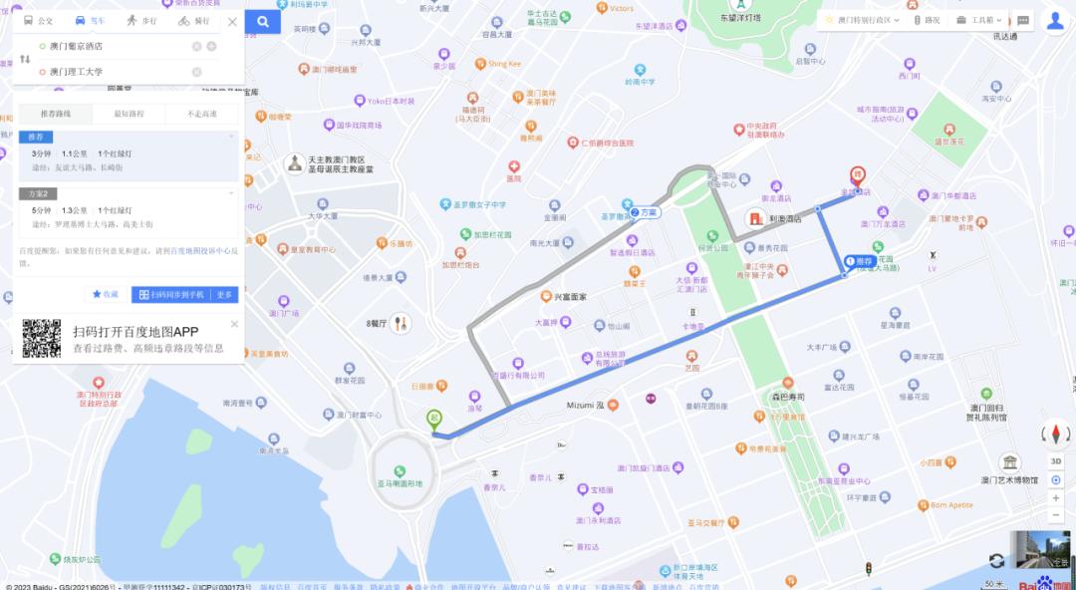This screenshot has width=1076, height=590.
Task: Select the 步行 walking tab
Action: [x=140, y=21]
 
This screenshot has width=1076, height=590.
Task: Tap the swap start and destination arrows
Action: [x=25, y=59]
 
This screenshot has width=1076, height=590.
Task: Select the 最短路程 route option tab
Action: [x=129, y=115]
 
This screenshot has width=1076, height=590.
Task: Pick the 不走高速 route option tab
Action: [x=202, y=115]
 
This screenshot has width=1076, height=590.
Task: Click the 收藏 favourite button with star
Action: [x=105, y=295]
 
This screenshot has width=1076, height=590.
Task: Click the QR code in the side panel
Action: [x=42, y=339]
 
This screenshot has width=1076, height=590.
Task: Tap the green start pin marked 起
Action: [x=433, y=421]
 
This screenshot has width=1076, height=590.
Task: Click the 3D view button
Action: [x=1055, y=461]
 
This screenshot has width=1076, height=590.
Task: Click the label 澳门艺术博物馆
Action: [x=1010, y=479]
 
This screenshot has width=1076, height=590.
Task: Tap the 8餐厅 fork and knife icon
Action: [x=401, y=324]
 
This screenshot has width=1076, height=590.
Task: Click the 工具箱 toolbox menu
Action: [x=979, y=20]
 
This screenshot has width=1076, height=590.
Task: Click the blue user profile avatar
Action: [x=1054, y=21]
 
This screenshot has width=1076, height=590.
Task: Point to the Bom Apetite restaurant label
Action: [x=951, y=505]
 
